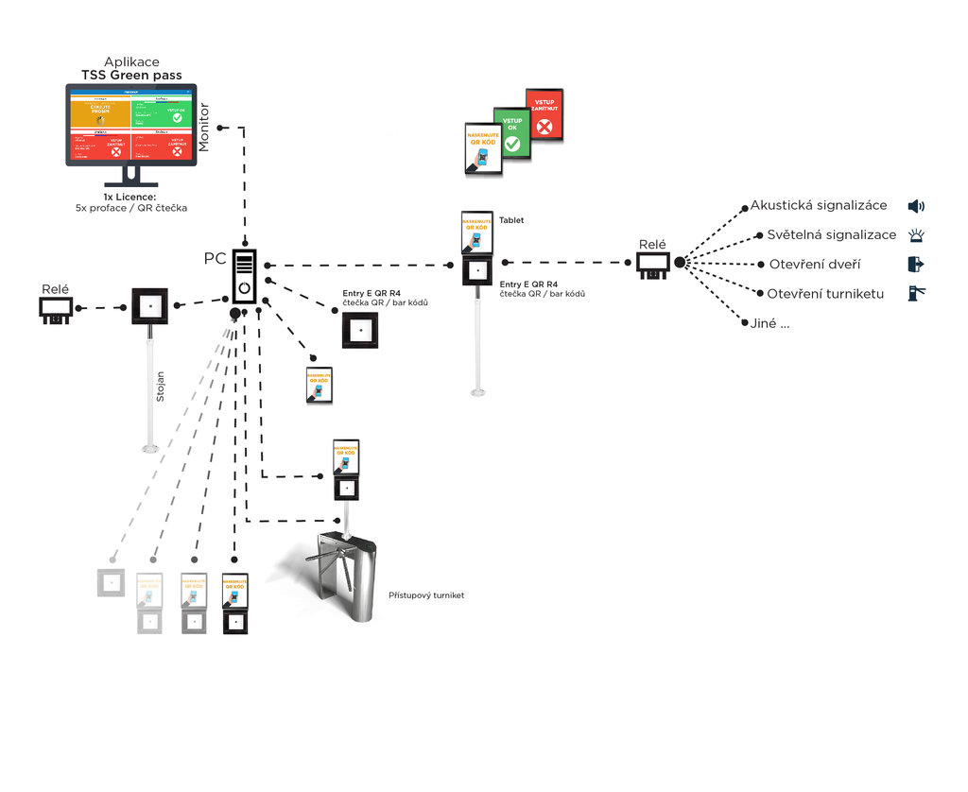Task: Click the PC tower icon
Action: coord(245,275)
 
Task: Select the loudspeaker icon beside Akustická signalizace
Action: coord(915,206)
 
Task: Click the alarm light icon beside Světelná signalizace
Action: coord(915,235)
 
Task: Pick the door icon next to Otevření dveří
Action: coord(915,264)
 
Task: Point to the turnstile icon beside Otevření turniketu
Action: coord(915,293)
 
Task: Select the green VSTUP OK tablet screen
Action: coord(511,132)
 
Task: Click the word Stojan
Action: coord(160,387)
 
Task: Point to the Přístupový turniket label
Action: coord(425,595)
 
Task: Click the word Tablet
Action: coord(511,220)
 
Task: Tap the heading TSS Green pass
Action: coord(131,75)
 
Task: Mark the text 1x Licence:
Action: coord(130,197)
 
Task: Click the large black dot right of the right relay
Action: coord(680,262)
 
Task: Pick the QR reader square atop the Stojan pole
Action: coord(149,306)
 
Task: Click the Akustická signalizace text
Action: coord(819,205)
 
